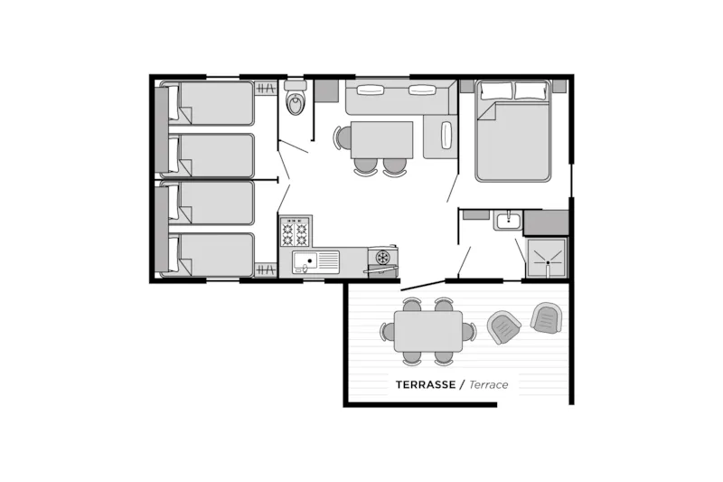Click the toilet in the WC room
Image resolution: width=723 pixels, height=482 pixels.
point(296,98)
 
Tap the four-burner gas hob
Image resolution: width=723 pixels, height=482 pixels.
point(295,231)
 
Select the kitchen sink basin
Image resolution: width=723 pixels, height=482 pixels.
point(305,262)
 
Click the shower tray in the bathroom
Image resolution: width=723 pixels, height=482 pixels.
point(547,259)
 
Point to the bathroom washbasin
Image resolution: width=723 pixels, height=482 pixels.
point(507,220)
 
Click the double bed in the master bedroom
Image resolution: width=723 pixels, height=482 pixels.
point(513,130)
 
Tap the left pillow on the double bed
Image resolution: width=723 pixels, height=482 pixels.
point(496,90)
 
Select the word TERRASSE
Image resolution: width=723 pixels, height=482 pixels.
point(426,384)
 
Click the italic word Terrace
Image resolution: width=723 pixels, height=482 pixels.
point(489,384)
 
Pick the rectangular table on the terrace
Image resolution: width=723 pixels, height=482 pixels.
point(428,331)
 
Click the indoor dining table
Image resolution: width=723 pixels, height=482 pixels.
point(381,140)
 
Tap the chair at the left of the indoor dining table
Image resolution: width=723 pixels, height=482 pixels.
point(343,137)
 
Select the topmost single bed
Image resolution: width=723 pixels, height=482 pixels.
point(208,103)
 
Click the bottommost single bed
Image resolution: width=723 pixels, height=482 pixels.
point(208,255)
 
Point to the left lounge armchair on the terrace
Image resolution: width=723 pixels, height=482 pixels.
point(504,327)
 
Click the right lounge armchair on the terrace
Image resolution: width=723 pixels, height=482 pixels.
point(547,317)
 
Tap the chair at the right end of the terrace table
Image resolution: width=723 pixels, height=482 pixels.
point(469,332)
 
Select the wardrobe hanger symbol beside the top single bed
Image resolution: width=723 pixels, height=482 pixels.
point(266,88)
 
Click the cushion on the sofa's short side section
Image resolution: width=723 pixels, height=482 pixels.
point(446,135)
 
